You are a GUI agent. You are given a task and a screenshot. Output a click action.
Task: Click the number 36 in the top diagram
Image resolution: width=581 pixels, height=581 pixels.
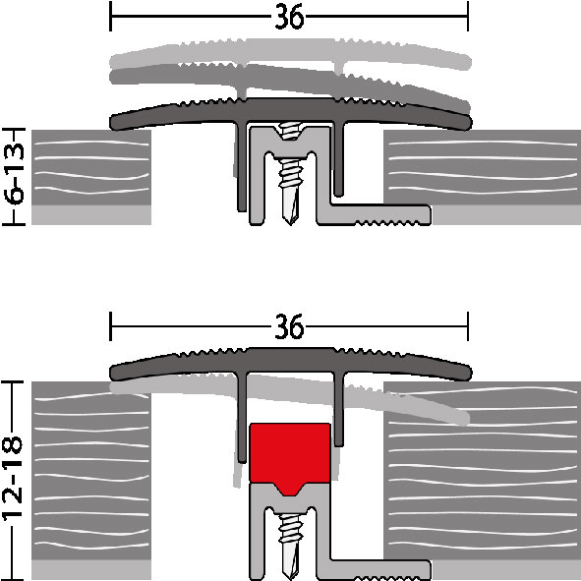click(x=289, y=17)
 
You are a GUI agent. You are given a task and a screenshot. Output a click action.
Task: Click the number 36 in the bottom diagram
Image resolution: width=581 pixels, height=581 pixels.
click(x=289, y=326)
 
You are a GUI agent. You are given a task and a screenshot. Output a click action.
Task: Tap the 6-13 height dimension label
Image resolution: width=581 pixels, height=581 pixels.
click(x=15, y=173)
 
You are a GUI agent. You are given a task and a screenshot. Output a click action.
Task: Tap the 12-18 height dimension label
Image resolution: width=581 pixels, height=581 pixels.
click(x=14, y=478)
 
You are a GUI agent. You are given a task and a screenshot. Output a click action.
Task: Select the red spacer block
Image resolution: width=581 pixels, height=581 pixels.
click(x=290, y=457)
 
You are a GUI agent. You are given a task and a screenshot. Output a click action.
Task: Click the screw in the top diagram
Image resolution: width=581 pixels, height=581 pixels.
click(x=291, y=173)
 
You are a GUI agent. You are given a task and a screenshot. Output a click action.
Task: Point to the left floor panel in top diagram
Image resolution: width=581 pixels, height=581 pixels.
click(x=91, y=167)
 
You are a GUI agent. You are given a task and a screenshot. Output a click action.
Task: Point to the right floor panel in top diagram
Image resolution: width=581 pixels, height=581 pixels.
click(x=482, y=167)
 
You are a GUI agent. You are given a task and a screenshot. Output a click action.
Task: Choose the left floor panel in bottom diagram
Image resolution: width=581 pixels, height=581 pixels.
click(x=91, y=471)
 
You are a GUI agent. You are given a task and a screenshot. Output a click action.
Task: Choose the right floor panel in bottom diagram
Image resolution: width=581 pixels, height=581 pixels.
click(x=482, y=471)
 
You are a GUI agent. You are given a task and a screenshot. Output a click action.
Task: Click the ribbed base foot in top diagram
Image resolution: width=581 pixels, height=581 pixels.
click(x=375, y=215)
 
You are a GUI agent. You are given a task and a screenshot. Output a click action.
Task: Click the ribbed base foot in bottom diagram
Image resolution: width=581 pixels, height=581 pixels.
click(x=375, y=570)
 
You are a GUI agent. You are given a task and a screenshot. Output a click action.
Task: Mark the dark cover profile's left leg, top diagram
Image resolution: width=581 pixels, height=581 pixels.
click(x=242, y=167)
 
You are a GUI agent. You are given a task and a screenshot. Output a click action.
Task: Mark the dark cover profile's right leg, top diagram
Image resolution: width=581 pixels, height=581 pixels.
click(x=338, y=159)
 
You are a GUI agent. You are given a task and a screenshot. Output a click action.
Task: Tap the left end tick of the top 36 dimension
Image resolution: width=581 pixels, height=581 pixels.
click(x=110, y=17)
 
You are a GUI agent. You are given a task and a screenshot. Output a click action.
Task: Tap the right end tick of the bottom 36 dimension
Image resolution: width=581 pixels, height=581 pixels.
click(x=468, y=326)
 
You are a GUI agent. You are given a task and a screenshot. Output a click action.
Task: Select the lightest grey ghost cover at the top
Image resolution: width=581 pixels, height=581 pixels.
click(x=291, y=54)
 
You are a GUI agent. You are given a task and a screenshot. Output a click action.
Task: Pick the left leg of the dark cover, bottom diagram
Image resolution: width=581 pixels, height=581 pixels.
click(x=242, y=418)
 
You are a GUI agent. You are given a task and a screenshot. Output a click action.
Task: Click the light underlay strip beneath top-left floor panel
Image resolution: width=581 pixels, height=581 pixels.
click(x=91, y=215)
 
